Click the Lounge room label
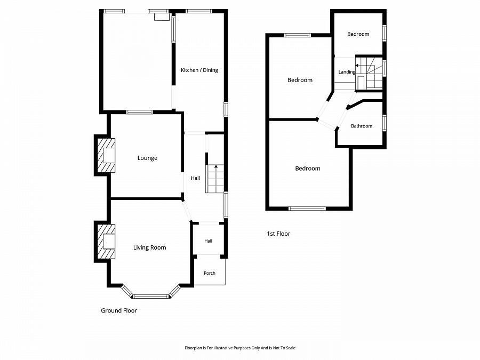pyautogui.click(x=147, y=158)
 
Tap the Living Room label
pyautogui.click(x=150, y=247)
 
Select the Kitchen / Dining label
pyautogui.click(x=199, y=70)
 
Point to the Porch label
pyautogui.click(x=210, y=273)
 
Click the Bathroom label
pyautogui.click(x=362, y=126)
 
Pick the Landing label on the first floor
pyautogui.click(x=347, y=72)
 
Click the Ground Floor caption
pyautogui.click(x=119, y=310)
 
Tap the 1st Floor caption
pyautogui.click(x=278, y=234)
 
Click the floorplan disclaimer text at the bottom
pyautogui.click(x=240, y=348)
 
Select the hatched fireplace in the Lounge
pyautogui.click(x=106, y=156)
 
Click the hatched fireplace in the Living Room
pyautogui.click(x=106, y=242)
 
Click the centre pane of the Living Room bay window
pyautogui.click(x=150, y=297)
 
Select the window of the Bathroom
pyautogui.click(x=385, y=123)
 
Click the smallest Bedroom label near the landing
pyautogui.click(x=358, y=34)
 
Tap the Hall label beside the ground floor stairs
pyautogui.click(x=195, y=178)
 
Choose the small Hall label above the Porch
pyautogui.click(x=208, y=241)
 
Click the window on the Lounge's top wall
pyautogui.click(x=140, y=112)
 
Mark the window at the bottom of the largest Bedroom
pyautogui.click(x=307, y=209)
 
